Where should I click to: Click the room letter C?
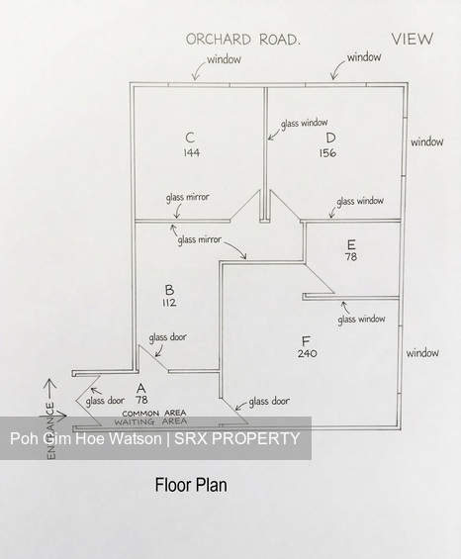190,138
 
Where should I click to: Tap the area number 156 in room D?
327,153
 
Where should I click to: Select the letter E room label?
351,244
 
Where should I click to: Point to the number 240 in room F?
307,353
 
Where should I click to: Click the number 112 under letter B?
169,303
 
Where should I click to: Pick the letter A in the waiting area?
141,388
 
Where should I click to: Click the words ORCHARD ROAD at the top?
242,40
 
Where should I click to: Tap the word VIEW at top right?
413,39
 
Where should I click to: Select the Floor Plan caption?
191,485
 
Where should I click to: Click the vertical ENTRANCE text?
51,430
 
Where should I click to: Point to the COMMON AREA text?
154,414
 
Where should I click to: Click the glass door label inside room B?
167,337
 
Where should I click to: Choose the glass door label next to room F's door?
269,401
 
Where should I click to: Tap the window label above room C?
224,59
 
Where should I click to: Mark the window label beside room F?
422,353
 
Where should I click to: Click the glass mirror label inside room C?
187,197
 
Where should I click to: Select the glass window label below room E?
361,319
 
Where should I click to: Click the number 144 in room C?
192,152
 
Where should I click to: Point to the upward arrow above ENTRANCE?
49,389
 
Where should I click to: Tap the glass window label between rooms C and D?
304,124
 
